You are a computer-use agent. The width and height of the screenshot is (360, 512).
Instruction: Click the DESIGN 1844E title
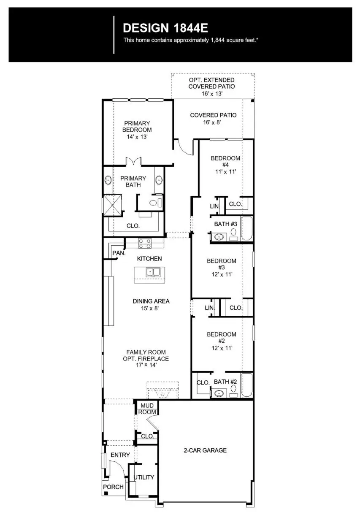[165, 28]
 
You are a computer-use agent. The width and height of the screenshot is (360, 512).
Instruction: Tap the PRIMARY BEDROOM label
[137, 130]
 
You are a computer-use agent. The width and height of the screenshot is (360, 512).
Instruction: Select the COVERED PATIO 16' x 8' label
[213, 118]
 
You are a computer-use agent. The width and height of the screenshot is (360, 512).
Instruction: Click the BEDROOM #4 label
[225, 165]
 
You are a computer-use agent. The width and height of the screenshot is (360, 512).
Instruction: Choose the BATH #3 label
[225, 224]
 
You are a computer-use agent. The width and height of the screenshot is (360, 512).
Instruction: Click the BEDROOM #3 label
[221, 267]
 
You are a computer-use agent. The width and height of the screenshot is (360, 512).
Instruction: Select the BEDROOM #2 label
[221, 341]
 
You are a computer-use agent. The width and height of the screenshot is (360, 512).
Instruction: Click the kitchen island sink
[153, 272]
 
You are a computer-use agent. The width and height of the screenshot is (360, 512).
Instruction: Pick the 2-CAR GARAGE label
[205, 450]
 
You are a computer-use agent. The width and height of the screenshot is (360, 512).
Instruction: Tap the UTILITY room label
[144, 477]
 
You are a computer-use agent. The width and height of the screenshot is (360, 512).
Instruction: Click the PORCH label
[114, 487]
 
